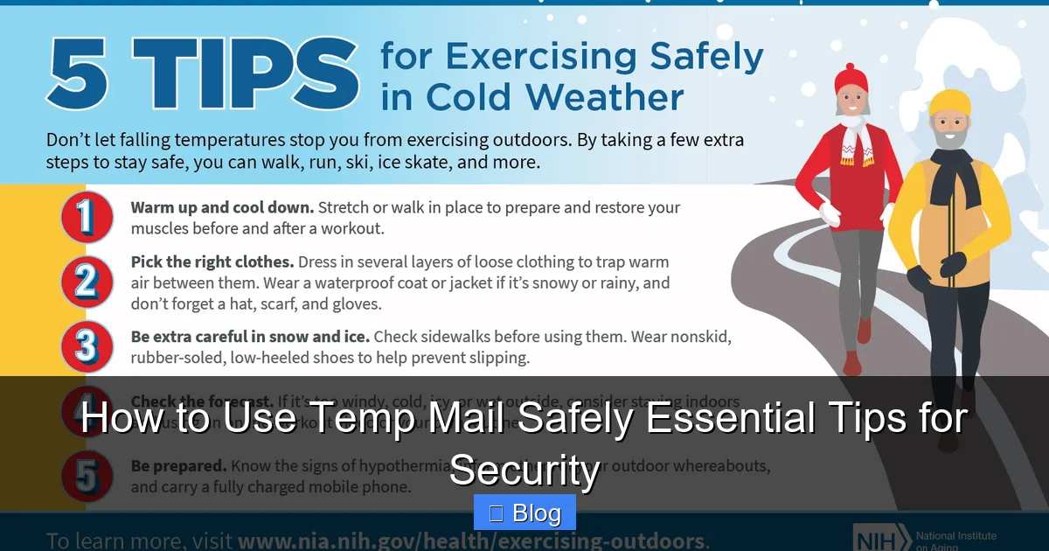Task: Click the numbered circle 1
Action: coord(87,218)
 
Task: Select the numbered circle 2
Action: coord(87,282)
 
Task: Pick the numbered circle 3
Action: coord(87,346)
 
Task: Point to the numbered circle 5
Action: coord(87,476)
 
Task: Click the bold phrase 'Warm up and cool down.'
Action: coord(222,208)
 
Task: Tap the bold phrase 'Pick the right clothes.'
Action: coord(212,262)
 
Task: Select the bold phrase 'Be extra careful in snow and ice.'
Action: coord(250,336)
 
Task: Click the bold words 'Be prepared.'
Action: coord(177,466)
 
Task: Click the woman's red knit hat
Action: coord(851,80)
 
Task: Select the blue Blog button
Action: coord(524,513)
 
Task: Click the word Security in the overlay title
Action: coord(524,471)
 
